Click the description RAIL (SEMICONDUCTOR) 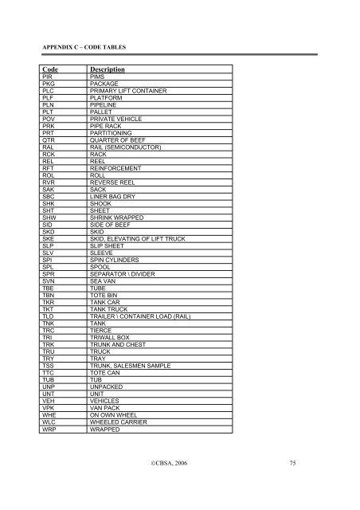click(x=126, y=151)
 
